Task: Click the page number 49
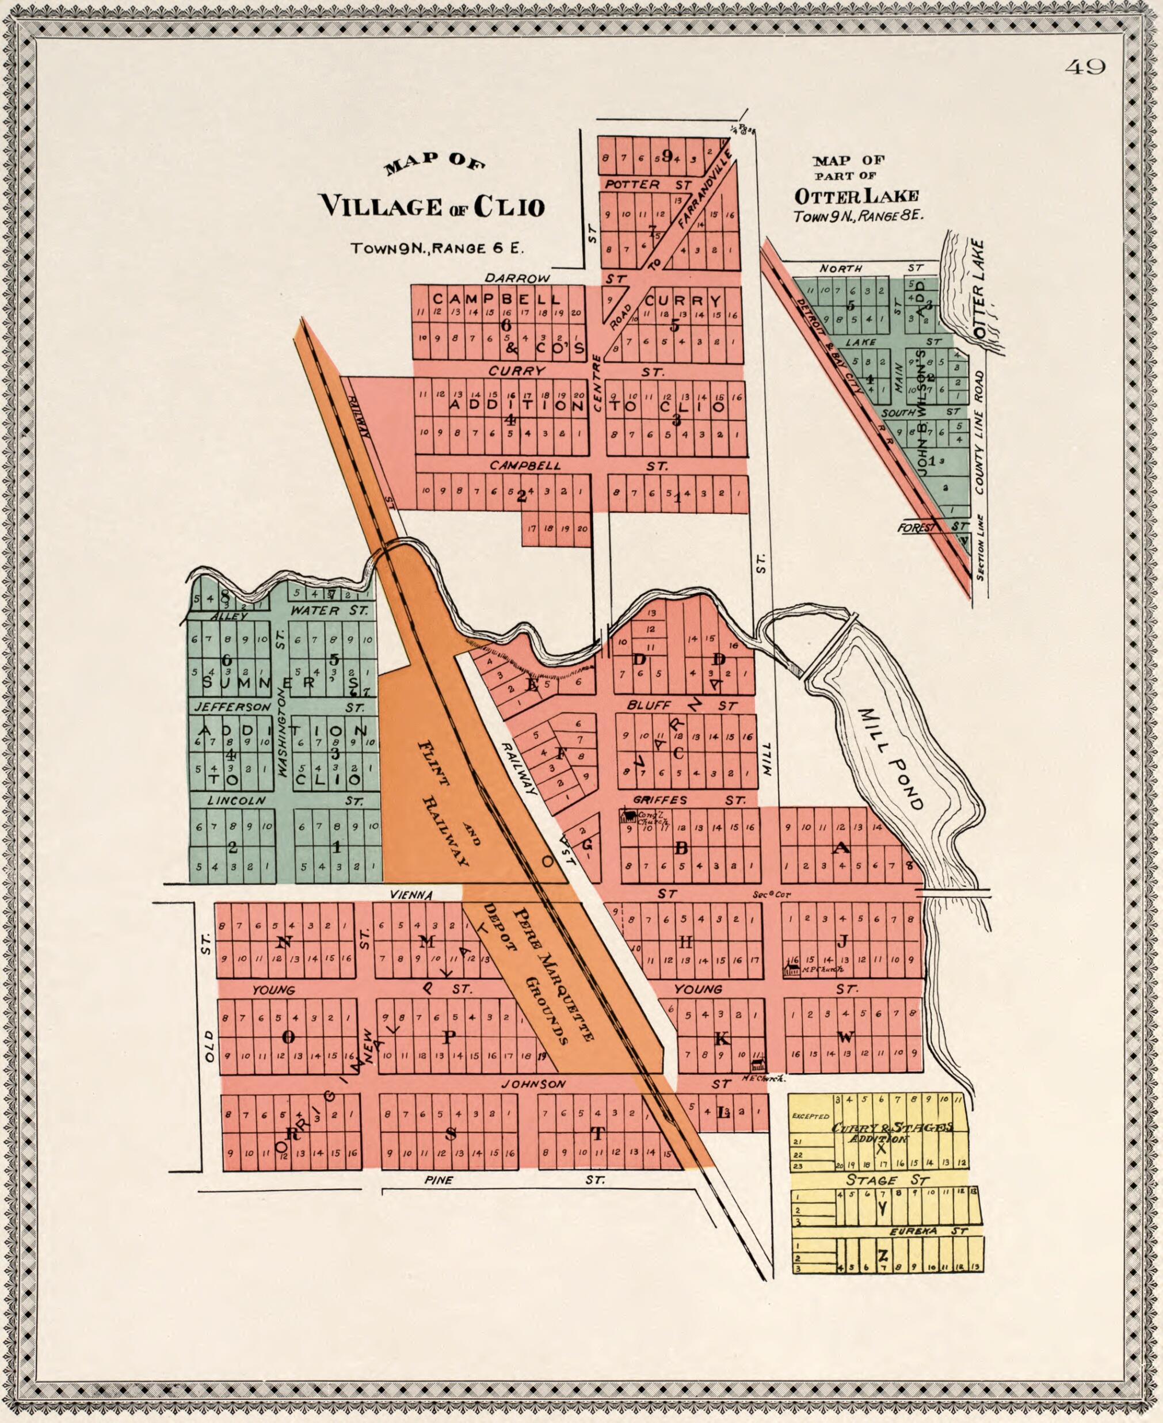coord(1085,67)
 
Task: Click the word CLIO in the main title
coord(509,207)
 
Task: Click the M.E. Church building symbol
coord(758,1063)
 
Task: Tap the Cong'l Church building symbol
coord(628,816)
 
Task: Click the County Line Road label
coord(980,433)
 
